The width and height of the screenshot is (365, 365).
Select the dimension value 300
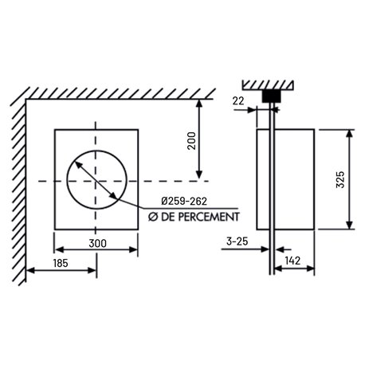pyautogui.click(x=97, y=242)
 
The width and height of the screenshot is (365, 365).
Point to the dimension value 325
pyautogui.click(x=340, y=179)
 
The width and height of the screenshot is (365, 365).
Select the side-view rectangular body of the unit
pyautogui.click(x=296, y=179)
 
